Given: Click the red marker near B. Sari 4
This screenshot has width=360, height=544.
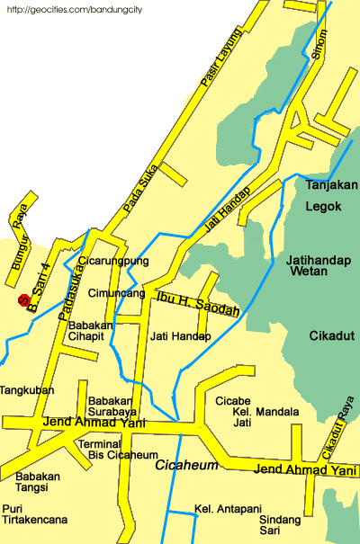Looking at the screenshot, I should [24, 301].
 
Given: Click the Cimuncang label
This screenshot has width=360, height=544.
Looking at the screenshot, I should [116, 293].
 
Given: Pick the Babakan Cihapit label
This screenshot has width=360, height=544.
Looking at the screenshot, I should [94, 330].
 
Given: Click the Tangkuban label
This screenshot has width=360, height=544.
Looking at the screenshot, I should [27, 390].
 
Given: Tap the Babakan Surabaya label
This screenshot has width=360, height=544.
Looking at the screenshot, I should [112, 407].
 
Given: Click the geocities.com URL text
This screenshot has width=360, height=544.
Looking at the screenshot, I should [63, 11].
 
